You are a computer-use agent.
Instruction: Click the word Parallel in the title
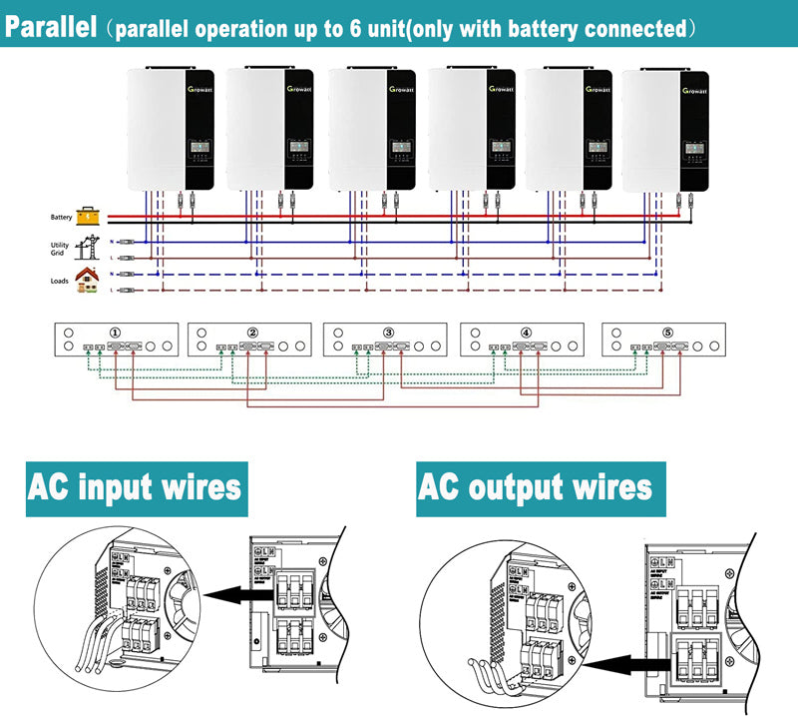coord(52,26)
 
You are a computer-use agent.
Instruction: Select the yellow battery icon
coord(89,216)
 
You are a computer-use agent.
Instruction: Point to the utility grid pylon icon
coord(88,246)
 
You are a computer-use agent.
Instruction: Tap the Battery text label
coord(61,217)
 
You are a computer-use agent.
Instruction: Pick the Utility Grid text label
coord(60,249)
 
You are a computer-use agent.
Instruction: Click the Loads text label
coord(60,281)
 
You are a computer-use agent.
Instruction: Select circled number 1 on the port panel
coord(116,333)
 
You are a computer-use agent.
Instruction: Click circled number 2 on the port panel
coord(252,333)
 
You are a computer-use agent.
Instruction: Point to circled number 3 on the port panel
coord(389,333)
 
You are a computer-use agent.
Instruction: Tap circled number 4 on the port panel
coord(526,333)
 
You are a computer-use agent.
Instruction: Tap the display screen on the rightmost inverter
coord(692,151)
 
